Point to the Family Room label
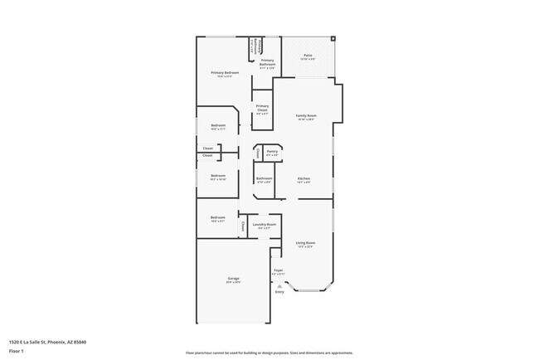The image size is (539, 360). coord(307,115)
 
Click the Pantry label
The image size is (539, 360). coord(272,152)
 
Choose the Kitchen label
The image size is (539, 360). coord(304,179)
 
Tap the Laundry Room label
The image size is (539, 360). coord(265,224)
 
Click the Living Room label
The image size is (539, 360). coord(306,243)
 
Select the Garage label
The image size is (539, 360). coord(233,278)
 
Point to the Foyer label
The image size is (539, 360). coord(279,270)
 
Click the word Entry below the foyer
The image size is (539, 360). coord(279,292)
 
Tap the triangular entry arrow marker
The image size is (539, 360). coord(279,285)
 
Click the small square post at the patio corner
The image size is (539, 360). coord(333,38)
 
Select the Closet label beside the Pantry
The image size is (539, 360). coord(258,153)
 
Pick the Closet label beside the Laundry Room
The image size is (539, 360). coord(242,226)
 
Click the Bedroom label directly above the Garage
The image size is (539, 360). coord(218,217)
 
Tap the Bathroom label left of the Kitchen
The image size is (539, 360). coord(264,178)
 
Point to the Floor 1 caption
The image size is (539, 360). coord(17,351)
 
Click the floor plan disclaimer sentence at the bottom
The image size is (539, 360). coord(269,353)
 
